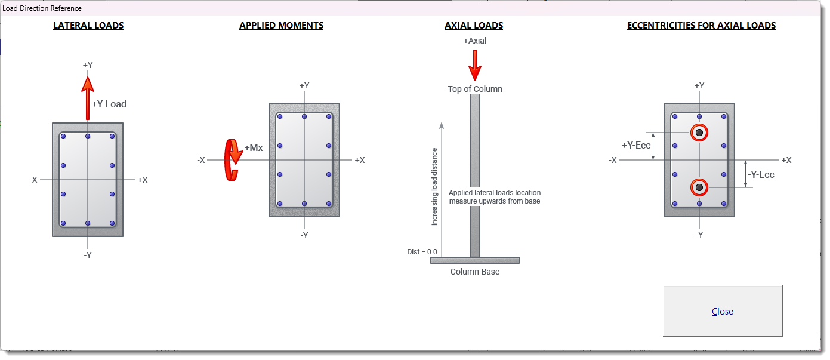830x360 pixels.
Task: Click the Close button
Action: (x=723, y=311)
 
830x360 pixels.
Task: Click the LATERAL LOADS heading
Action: (x=88, y=26)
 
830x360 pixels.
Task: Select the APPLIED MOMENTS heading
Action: (x=281, y=26)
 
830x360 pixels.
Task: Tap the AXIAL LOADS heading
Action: (x=474, y=26)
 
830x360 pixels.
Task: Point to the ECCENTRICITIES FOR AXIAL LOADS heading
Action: (x=701, y=26)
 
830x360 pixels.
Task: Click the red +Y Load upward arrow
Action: (x=88, y=99)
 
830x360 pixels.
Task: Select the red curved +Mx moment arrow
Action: (x=232, y=160)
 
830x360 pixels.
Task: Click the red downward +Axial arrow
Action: (x=474, y=66)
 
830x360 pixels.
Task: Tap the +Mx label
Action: (x=254, y=147)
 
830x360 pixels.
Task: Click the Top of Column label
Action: (x=474, y=89)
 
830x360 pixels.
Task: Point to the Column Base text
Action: (x=474, y=272)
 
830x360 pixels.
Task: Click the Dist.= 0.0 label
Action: (x=422, y=252)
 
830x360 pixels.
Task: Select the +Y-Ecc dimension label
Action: (x=636, y=145)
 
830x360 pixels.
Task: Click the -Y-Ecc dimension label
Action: (x=761, y=174)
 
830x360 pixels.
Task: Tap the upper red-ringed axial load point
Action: (x=699, y=133)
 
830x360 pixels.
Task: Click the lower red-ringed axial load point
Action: (x=699, y=187)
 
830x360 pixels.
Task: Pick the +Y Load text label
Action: (x=109, y=104)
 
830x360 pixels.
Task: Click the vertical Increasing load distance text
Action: (x=434, y=186)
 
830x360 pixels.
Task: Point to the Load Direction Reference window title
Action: (x=42, y=8)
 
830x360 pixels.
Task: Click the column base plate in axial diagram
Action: (x=474, y=260)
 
